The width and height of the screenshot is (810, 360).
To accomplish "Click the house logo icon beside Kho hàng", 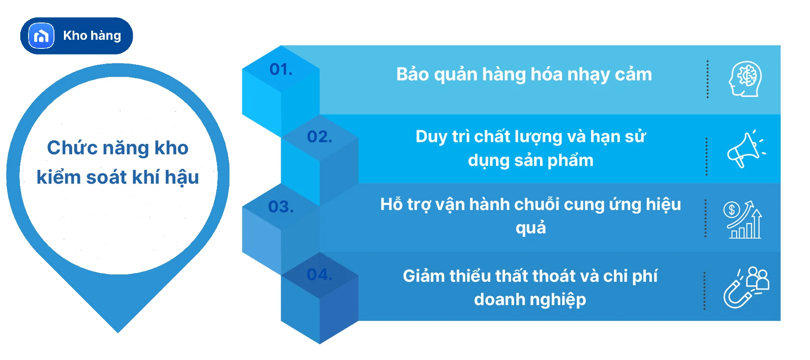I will (x=41, y=36).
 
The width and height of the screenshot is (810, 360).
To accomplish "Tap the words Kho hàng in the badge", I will (x=92, y=35).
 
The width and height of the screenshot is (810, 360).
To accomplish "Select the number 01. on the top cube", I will (x=281, y=69).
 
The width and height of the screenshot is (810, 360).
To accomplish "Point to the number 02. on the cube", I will (x=320, y=137).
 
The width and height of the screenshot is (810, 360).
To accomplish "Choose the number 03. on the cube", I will (x=281, y=207).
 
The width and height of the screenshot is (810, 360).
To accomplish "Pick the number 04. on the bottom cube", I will (x=320, y=274).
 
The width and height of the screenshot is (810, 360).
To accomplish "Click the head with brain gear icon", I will (x=745, y=79).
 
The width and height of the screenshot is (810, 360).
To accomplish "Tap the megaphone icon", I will (x=745, y=150).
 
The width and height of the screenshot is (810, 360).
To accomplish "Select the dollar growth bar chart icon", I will (x=743, y=220).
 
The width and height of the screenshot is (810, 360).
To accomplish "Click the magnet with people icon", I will (x=746, y=287).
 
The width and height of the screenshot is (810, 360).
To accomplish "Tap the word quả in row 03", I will (x=530, y=228).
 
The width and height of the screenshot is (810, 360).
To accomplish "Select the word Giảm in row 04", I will (x=423, y=276).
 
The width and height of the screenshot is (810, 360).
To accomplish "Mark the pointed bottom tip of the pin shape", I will (x=118, y=331).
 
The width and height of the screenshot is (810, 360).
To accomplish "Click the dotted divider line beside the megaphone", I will (x=706, y=156).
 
